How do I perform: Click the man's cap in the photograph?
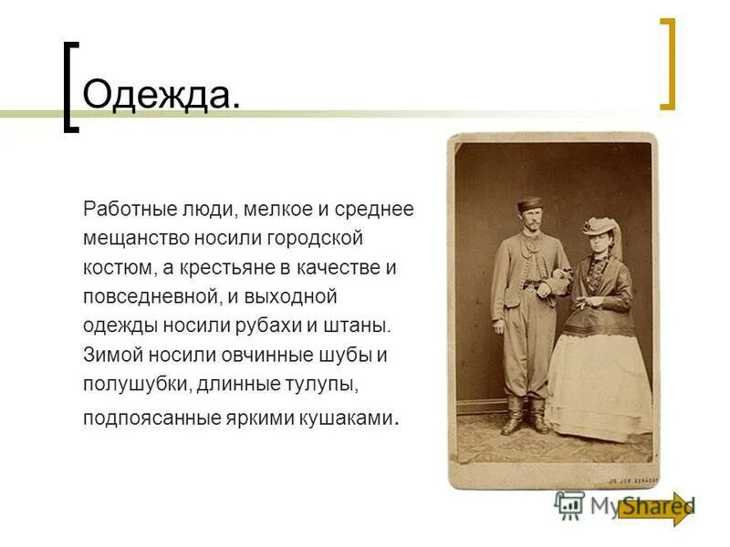pos(529,204)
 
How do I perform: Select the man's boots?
pos(524,416)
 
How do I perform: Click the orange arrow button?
pos(656,508)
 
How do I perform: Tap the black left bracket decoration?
pos(69,88)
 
